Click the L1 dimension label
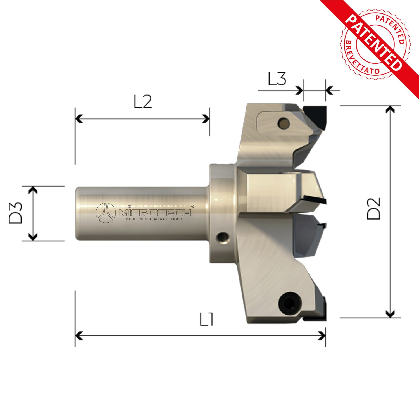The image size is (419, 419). tap(207, 320)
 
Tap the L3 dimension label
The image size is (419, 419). tap(277, 79)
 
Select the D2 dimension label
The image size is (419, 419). tap(374, 208)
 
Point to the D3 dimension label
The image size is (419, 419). tap(16, 213)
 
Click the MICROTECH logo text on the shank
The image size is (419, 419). tap(155, 213)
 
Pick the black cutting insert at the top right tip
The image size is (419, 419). tap(316, 115)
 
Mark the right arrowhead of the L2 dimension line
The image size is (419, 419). tap(207, 119)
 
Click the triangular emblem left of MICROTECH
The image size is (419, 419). tap(106, 213)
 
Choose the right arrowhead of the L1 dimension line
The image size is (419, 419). tap(322, 335)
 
